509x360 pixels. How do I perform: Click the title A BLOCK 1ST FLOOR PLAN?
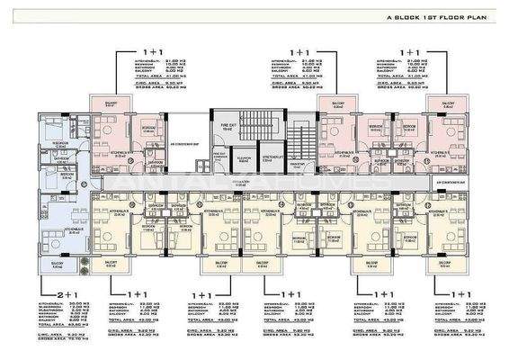(x=435, y=15)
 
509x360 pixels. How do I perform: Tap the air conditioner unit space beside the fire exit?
(x=185, y=144)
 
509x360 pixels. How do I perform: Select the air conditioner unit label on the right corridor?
(x=441, y=180)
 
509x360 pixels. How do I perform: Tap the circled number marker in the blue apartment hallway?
(x=83, y=186)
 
